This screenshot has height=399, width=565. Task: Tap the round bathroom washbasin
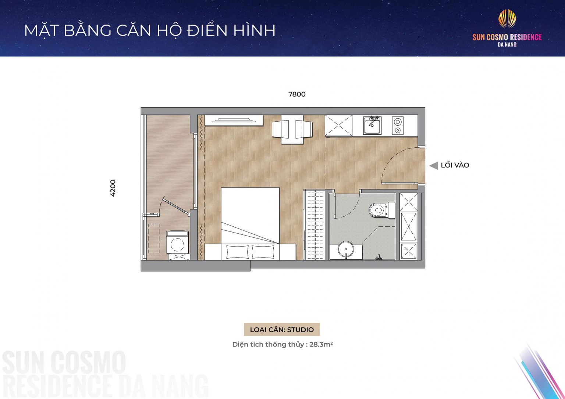[345, 250]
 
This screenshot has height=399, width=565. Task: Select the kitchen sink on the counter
[372, 126]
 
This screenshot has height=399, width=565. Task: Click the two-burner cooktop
[397, 126]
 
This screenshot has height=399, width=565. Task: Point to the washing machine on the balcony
[178, 242]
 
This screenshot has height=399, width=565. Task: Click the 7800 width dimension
[297, 94]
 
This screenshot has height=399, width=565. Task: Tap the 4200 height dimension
[113, 188]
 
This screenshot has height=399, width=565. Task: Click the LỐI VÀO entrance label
[455, 165]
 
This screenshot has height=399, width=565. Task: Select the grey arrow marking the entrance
[434, 166]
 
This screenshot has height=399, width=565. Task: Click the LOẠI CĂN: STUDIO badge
[282, 330]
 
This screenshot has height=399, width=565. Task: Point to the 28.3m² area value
[321, 345]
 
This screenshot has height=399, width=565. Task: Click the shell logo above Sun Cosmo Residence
[507, 19]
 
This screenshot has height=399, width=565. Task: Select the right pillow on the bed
[263, 252]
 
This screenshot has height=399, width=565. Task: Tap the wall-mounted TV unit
[234, 120]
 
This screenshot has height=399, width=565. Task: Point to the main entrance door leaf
[400, 183]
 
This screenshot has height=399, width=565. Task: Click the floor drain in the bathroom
[379, 257]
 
